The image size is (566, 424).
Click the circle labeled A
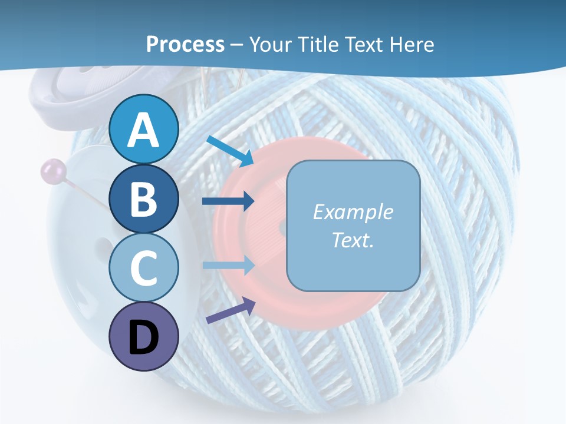[144, 129]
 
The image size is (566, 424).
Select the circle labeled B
[144, 198]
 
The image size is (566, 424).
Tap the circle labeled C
[144, 267]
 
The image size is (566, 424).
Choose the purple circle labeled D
[144, 336]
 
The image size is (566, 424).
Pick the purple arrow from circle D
[231, 311]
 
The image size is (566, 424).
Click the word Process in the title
[185, 44]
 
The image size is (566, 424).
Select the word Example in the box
[353, 212]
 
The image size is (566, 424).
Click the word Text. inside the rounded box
[353, 240]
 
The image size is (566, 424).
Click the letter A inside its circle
[144, 130]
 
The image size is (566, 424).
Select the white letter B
[144, 199]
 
